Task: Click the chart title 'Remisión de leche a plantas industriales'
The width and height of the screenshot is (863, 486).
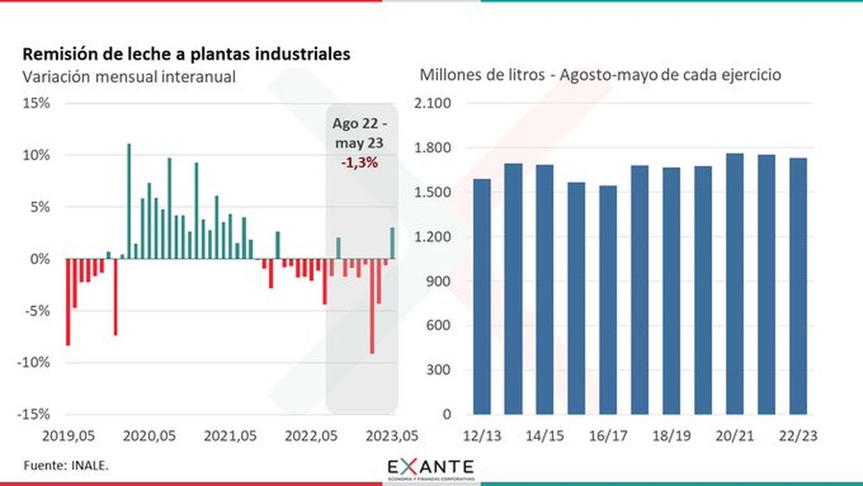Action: point(188,55)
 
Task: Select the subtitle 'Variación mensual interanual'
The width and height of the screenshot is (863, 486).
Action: point(129,77)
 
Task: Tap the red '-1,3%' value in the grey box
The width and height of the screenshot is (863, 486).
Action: point(359,163)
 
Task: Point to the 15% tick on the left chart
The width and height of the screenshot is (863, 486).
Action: point(35,104)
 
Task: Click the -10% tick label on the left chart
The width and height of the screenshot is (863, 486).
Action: point(33,362)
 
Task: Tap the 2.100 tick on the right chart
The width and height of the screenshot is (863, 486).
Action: point(433,104)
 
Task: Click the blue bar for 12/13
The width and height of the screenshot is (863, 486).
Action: point(482,296)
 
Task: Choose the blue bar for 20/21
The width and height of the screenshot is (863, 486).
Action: point(735,284)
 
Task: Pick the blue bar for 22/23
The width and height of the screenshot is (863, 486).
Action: point(798,286)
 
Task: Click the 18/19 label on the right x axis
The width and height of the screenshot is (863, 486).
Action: point(672,436)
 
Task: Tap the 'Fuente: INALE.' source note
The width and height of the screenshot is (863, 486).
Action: point(67,466)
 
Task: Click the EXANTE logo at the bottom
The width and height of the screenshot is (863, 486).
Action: point(431,468)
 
